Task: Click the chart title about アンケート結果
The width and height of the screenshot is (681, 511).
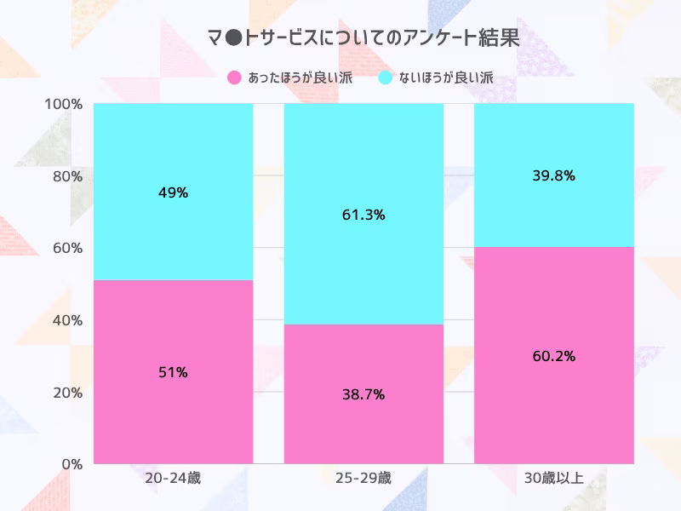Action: pyautogui.click(x=363, y=38)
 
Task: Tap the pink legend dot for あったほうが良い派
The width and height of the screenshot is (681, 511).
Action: pyautogui.click(x=235, y=78)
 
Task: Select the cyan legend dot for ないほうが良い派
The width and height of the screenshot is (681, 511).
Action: pyautogui.click(x=386, y=78)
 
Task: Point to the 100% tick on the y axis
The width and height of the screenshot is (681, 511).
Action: pyautogui.click(x=64, y=104)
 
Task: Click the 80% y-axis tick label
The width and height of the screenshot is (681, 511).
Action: pyautogui.click(x=67, y=176)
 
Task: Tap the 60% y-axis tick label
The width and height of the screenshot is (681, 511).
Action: pyautogui.click(x=67, y=248)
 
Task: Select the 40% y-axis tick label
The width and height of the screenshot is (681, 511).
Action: pyautogui.click(x=67, y=320)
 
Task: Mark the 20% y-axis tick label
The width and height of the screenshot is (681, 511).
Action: pyautogui.click(x=67, y=393)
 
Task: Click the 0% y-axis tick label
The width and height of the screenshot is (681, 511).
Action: pyautogui.click(x=71, y=464)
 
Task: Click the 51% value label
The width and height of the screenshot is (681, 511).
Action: pyautogui.click(x=173, y=372)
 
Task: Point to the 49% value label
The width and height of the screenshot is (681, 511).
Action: pyautogui.click(x=173, y=192)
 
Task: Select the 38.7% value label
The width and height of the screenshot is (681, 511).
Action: pyautogui.click(x=363, y=394)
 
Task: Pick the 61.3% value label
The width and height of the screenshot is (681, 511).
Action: pyautogui.click(x=363, y=215)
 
